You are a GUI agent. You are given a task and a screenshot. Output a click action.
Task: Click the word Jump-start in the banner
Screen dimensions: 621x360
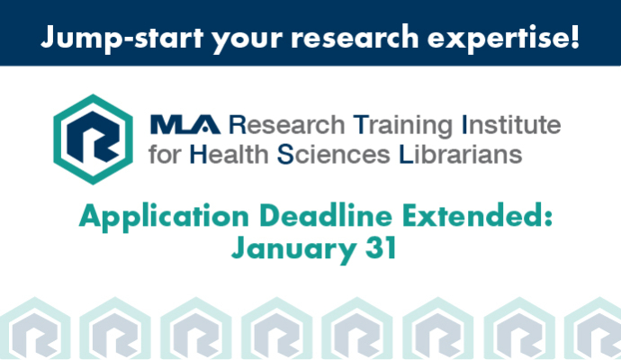click(x=122, y=38)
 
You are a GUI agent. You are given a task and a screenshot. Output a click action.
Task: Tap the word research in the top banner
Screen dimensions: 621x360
click(x=355, y=38)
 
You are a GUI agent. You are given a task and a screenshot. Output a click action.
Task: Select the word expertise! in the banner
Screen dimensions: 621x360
click(x=503, y=39)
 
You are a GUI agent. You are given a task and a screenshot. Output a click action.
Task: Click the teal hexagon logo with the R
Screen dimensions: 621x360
click(x=93, y=139)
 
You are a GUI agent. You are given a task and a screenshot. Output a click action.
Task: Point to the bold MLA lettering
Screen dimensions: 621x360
click(x=185, y=124)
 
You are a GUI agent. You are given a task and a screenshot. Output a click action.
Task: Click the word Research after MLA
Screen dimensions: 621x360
click(x=287, y=125)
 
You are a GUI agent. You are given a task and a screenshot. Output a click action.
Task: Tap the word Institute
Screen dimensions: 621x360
click(x=511, y=124)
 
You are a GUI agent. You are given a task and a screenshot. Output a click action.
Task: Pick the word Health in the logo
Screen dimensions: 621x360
click(x=229, y=154)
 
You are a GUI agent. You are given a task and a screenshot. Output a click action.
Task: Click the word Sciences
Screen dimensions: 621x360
click(x=334, y=154)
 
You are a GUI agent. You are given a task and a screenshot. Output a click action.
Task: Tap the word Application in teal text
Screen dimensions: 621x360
click(x=164, y=218)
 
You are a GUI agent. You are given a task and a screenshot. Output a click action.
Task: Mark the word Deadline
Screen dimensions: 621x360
click(x=326, y=216)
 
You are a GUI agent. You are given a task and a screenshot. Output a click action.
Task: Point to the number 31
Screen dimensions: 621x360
click(x=381, y=247)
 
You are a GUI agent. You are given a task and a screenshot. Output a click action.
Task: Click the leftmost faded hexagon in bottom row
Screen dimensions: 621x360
click(x=35, y=328)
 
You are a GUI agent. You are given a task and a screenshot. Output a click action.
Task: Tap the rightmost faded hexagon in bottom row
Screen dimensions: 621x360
click(x=593, y=328)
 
